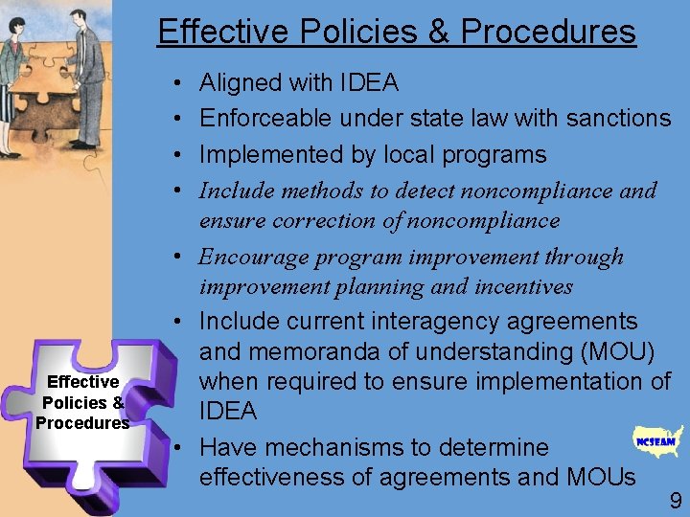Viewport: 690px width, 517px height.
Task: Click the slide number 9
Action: point(676,500)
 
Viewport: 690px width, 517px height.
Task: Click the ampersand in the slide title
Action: point(439,32)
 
